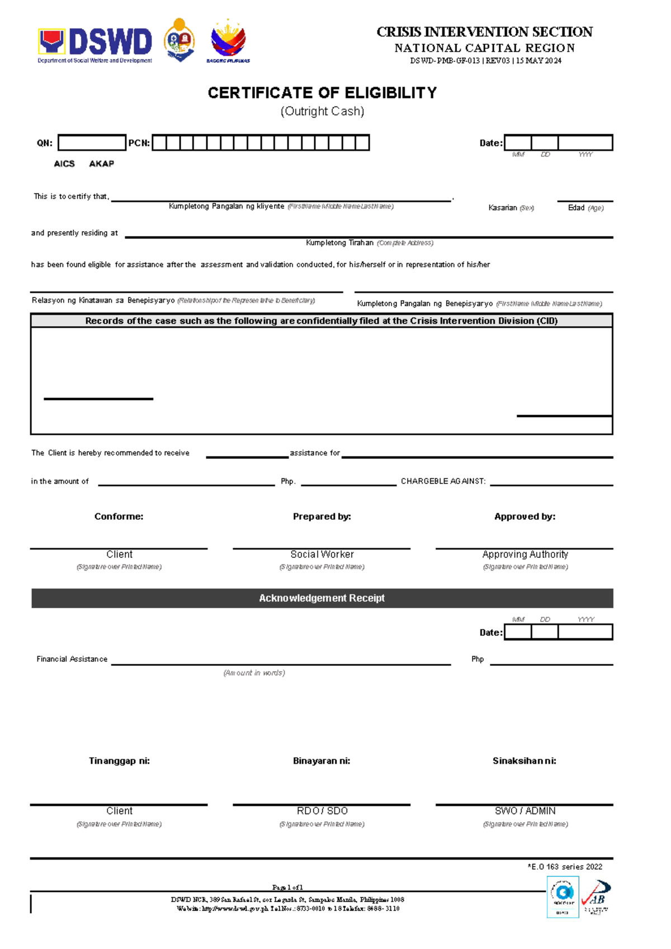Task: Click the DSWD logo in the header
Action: (95, 44)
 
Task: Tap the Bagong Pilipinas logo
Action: (228, 41)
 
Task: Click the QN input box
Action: (92, 143)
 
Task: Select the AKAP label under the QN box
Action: (101, 163)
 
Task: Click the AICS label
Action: (64, 163)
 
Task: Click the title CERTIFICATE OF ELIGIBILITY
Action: (322, 93)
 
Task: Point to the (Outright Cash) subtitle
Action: (322, 111)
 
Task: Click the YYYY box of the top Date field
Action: (585, 143)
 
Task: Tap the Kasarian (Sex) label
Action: (511, 208)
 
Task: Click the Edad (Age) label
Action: (585, 208)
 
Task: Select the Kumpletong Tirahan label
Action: (339, 243)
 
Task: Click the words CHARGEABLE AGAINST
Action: (443, 481)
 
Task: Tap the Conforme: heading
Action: (119, 516)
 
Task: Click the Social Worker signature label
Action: (322, 554)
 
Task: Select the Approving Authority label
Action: (525, 554)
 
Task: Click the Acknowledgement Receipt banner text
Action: (322, 598)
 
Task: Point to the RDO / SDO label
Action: (322, 811)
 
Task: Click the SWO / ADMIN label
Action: (525, 811)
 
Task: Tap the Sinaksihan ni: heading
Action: (524, 761)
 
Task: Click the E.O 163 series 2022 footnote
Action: (565, 867)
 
